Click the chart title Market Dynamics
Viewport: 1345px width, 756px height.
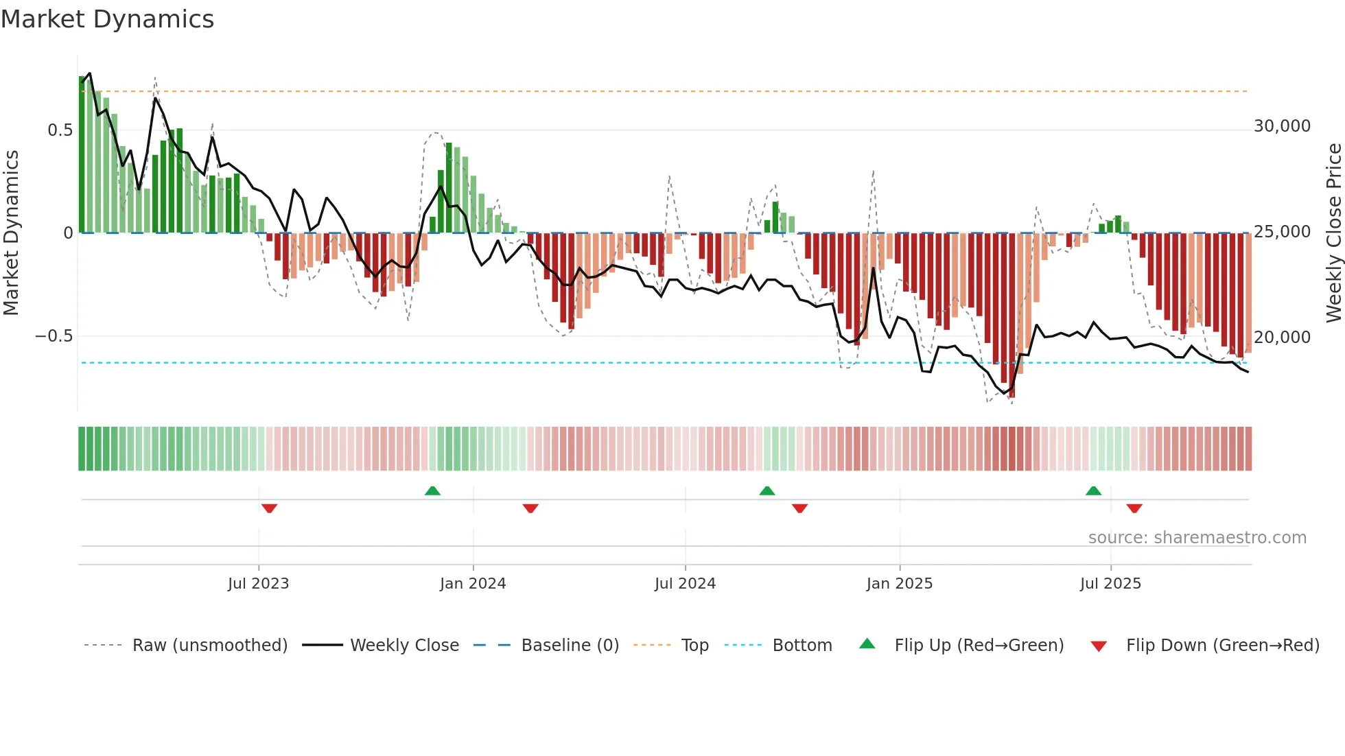tap(108, 19)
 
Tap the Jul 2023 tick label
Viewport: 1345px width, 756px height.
tap(258, 584)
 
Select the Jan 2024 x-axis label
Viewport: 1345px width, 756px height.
tap(473, 584)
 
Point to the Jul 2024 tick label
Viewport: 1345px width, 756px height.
tap(685, 584)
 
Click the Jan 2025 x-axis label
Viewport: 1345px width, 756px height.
tap(900, 584)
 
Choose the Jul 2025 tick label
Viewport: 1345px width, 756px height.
tap(1110, 584)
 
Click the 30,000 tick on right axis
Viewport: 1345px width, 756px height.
tap(1282, 126)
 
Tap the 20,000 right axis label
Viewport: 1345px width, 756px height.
tap(1282, 338)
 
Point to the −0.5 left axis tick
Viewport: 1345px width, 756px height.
tap(54, 336)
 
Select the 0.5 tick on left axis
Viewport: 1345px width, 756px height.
tap(60, 130)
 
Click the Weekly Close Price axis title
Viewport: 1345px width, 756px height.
tap(1333, 233)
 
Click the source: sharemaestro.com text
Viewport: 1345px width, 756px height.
tap(1197, 538)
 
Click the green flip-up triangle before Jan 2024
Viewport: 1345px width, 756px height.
tap(432, 491)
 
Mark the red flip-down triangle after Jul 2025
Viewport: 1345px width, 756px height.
tap(1134, 508)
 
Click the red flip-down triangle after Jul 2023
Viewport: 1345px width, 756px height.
tap(269, 508)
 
